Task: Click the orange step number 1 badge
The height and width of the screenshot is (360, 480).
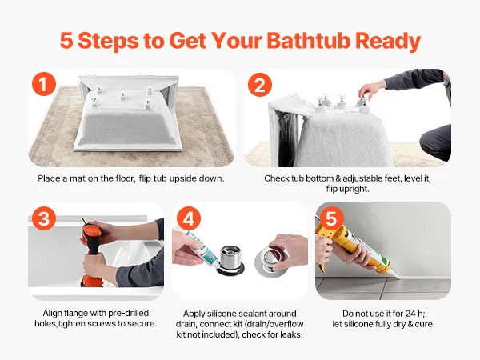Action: pos(44,84)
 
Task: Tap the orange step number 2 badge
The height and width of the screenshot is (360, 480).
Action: pos(260,85)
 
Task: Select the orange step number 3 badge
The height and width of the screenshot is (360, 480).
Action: pos(44,218)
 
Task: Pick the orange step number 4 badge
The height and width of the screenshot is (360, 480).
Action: pos(189,218)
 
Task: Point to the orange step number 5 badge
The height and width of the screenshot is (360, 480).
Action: pos(332,218)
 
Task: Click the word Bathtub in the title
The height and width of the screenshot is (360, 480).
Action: pos(309,41)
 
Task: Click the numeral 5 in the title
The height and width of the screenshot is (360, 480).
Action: pos(66,41)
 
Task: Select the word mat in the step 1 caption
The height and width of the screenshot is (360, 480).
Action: pos(78,178)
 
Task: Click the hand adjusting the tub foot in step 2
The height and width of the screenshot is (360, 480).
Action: pos(371,90)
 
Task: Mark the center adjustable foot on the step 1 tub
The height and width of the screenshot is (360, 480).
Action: pos(122,96)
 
